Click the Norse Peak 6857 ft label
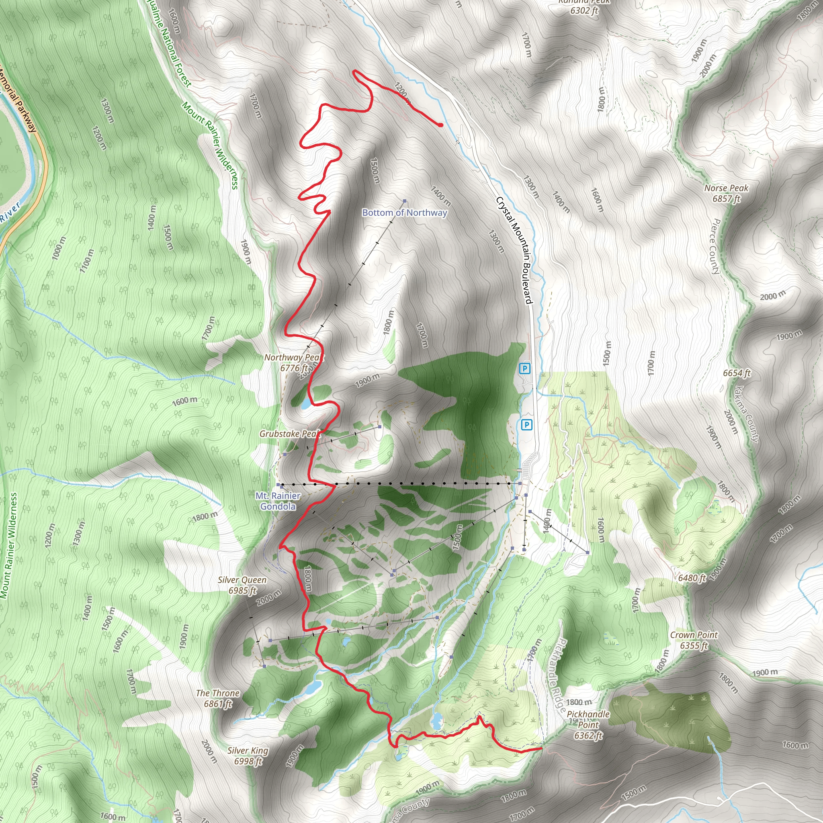coord(726,193)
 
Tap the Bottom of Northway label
coord(404,213)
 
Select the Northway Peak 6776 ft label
coord(293,362)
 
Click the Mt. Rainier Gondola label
coord(278,501)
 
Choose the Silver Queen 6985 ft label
coord(242,585)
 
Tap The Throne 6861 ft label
coord(218,698)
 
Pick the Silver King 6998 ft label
coord(248,756)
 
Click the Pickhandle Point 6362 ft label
coord(588,725)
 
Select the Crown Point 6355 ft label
coord(694,640)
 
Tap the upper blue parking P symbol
coord(525,369)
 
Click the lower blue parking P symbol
coord(527,425)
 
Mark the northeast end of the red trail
coord(441,125)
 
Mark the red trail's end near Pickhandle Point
coord(541,747)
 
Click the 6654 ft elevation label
coord(737,373)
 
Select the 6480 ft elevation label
coord(692,578)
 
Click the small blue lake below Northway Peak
coord(305,404)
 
